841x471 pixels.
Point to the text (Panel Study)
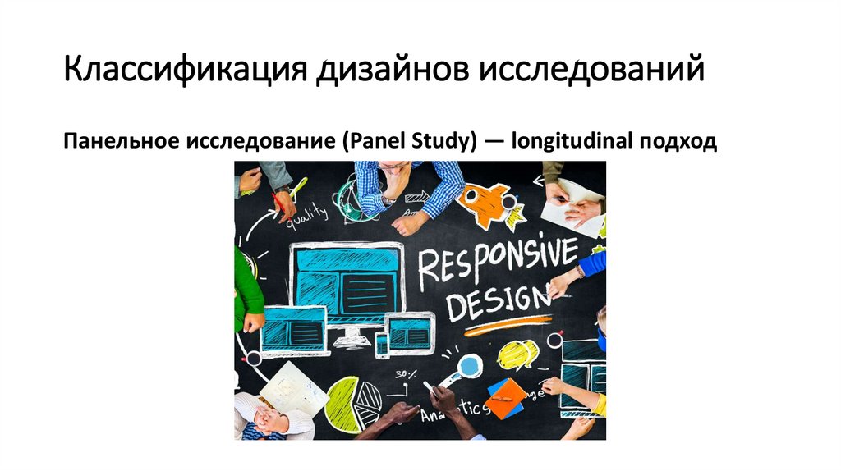(408, 141)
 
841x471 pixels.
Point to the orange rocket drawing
(489, 203)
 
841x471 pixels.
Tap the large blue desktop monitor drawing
(348, 278)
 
